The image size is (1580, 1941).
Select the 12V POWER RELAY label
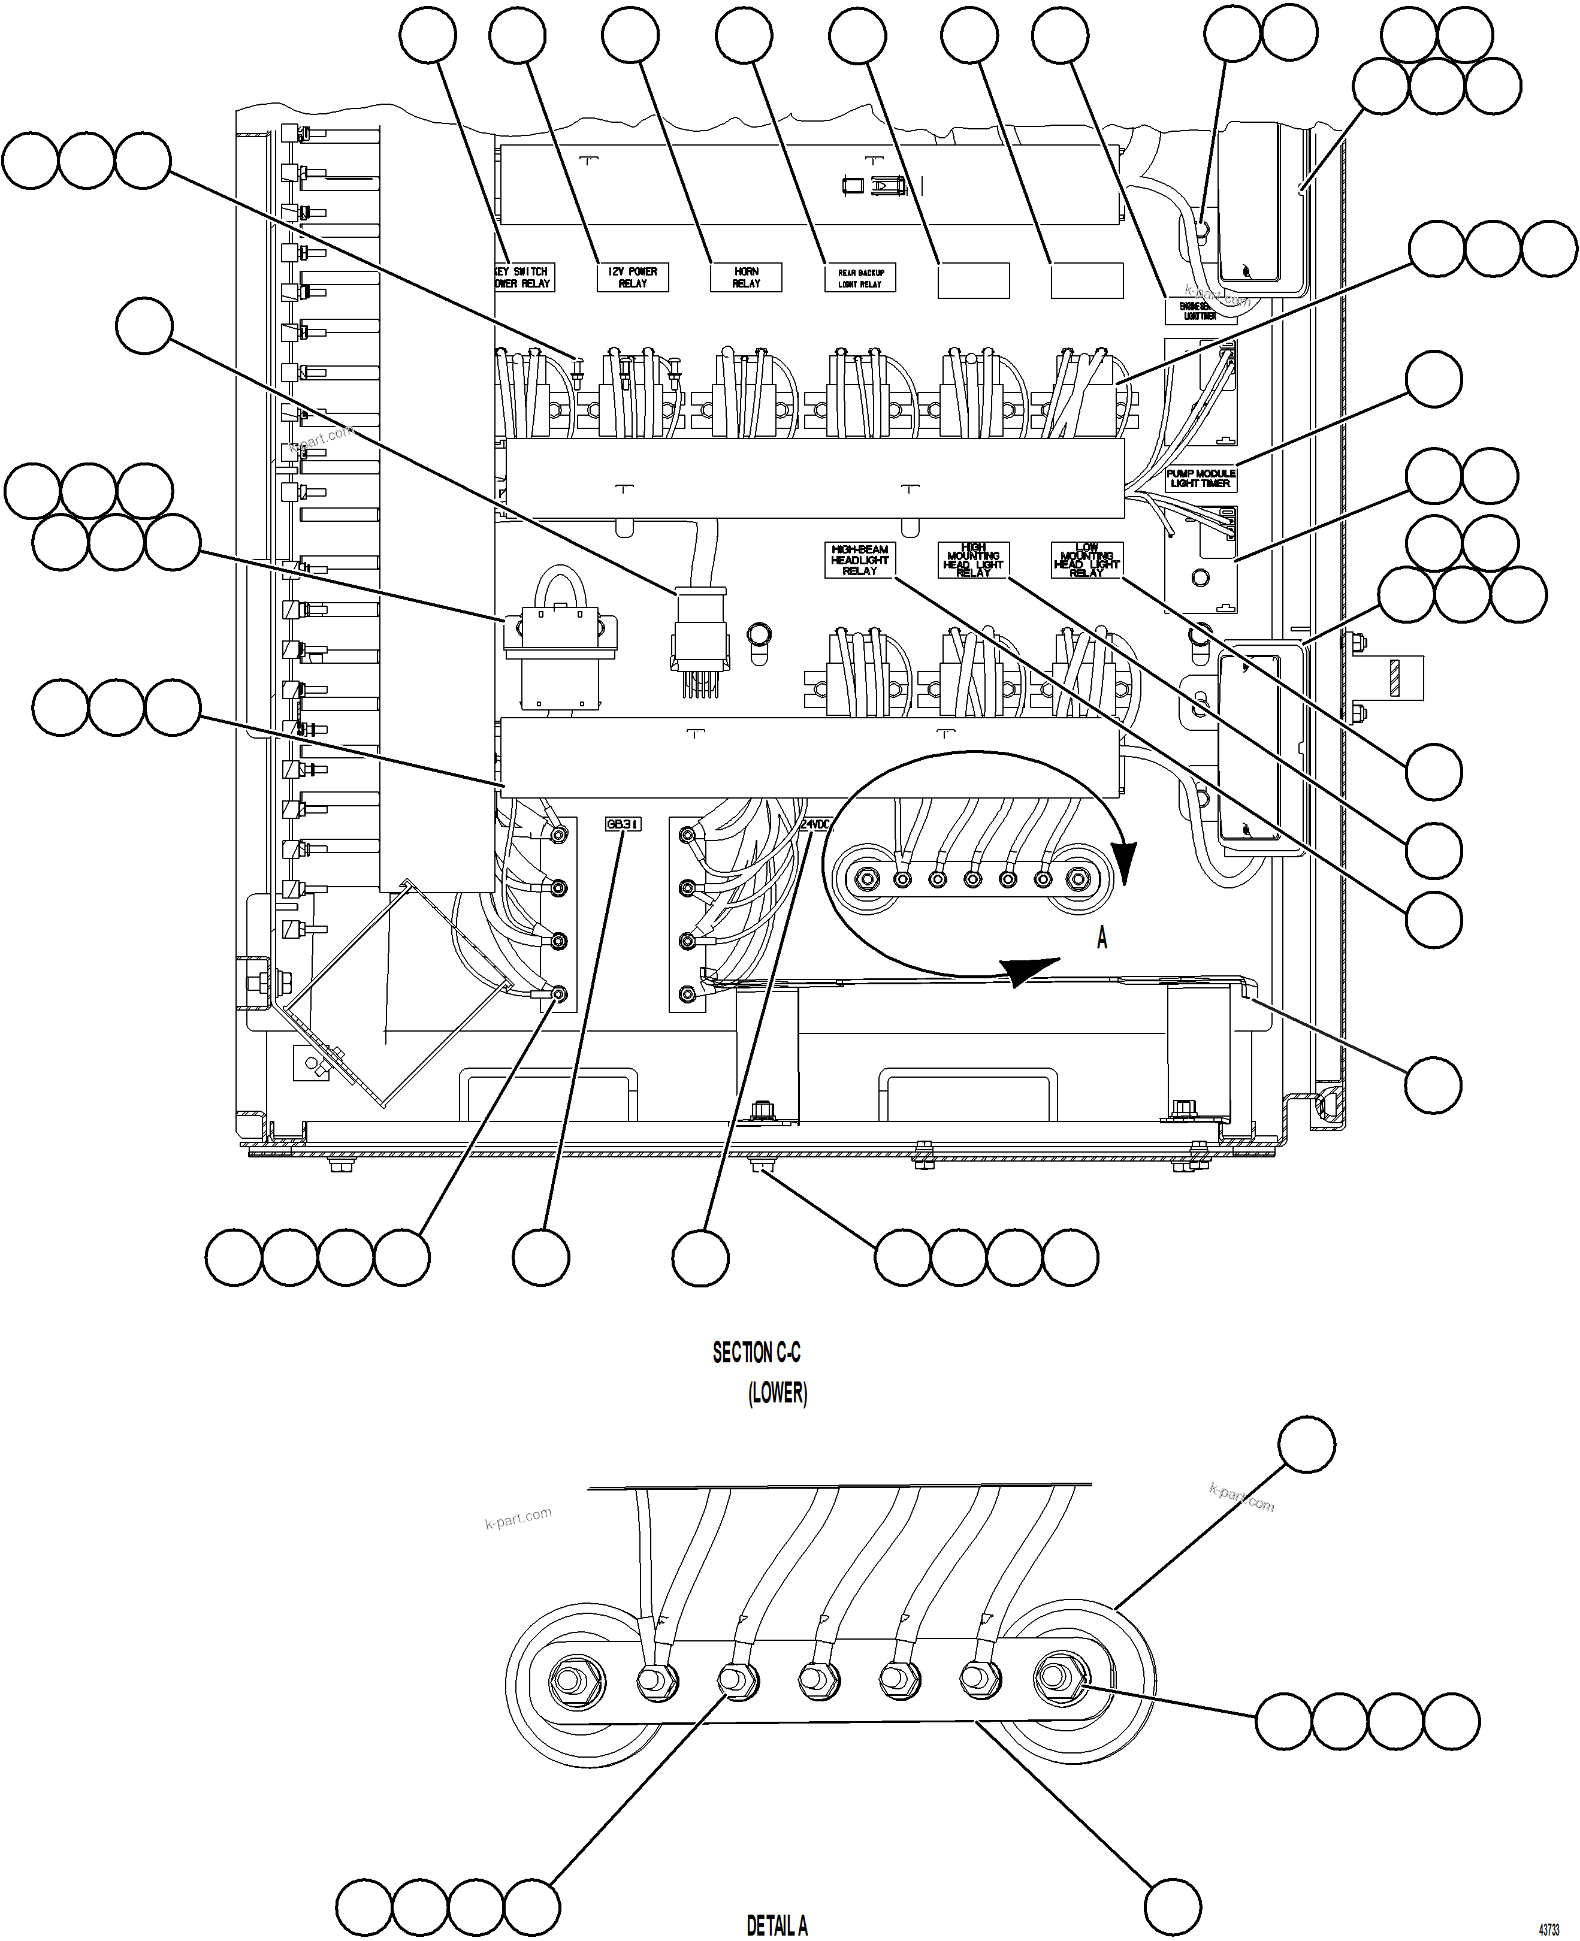pyautogui.click(x=633, y=277)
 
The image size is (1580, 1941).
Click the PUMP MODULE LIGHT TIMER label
pyautogui.click(x=1201, y=479)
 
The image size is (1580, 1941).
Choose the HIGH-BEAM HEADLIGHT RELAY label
pyautogui.click(x=859, y=560)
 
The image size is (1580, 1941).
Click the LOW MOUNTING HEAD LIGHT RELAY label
pyautogui.click(x=1087, y=560)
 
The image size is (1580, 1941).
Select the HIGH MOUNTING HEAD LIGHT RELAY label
pyautogui.click(x=973, y=560)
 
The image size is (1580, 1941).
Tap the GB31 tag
pyautogui.click(x=624, y=824)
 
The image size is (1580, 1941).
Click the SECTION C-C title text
pyautogui.click(x=756, y=1353)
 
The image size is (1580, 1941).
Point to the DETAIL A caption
pyautogui.click(x=777, y=1925)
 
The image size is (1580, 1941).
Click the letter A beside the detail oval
pyautogui.click(x=1102, y=938)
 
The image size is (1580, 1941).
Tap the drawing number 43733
pyautogui.click(x=1549, y=1929)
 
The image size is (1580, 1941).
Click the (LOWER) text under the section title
pyautogui.click(x=777, y=1393)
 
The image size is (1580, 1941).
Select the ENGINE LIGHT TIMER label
pyautogui.click(x=1201, y=311)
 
